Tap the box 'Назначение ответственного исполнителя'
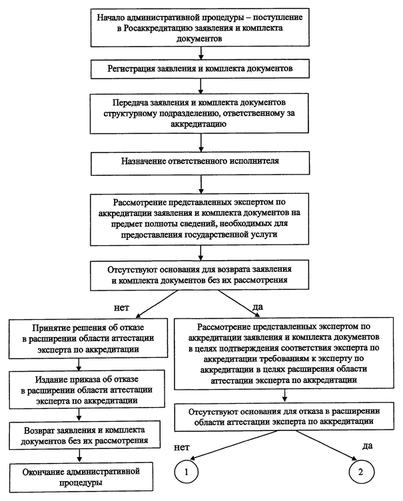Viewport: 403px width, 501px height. (x=200, y=164)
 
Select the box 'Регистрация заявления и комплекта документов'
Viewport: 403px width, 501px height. (x=200, y=69)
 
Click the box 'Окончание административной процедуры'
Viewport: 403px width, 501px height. (x=81, y=477)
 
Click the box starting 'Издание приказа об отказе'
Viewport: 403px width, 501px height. (x=87, y=390)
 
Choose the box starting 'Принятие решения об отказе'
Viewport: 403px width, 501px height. (x=88, y=338)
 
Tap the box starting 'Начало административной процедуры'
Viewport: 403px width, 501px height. (x=200, y=27)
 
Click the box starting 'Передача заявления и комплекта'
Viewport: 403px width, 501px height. (x=199, y=113)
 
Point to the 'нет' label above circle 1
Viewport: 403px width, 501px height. (x=182, y=447)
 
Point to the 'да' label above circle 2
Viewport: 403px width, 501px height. (x=368, y=446)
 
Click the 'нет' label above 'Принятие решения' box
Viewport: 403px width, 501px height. (x=122, y=308)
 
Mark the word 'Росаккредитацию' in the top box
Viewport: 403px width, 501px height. (x=159, y=28)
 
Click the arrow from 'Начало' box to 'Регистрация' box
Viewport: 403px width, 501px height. (x=201, y=53)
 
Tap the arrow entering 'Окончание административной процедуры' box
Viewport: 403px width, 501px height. (x=79, y=456)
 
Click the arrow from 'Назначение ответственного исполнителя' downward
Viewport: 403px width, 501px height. (x=201, y=185)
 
